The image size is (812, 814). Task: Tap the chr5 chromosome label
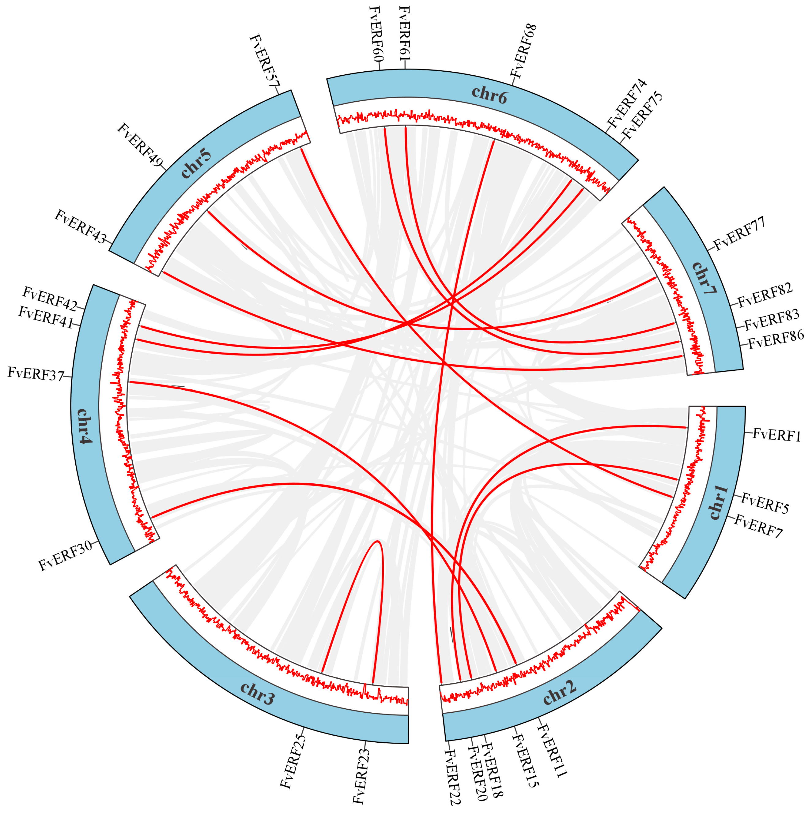(x=196, y=163)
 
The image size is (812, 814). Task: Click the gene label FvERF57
(x=264, y=62)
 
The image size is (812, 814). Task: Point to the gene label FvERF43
(x=81, y=226)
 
